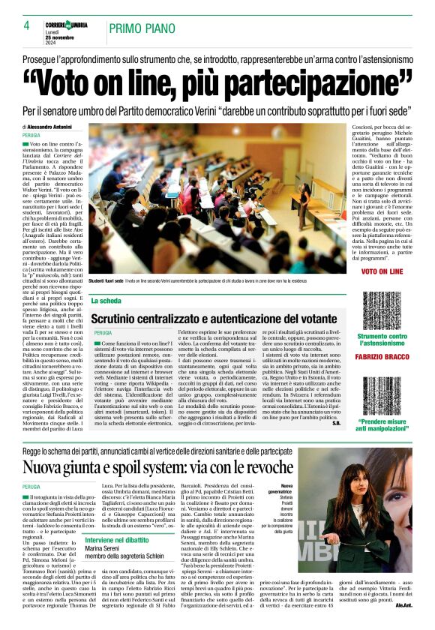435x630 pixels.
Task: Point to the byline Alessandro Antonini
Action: [54, 127]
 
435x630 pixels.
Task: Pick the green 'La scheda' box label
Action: [106, 301]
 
